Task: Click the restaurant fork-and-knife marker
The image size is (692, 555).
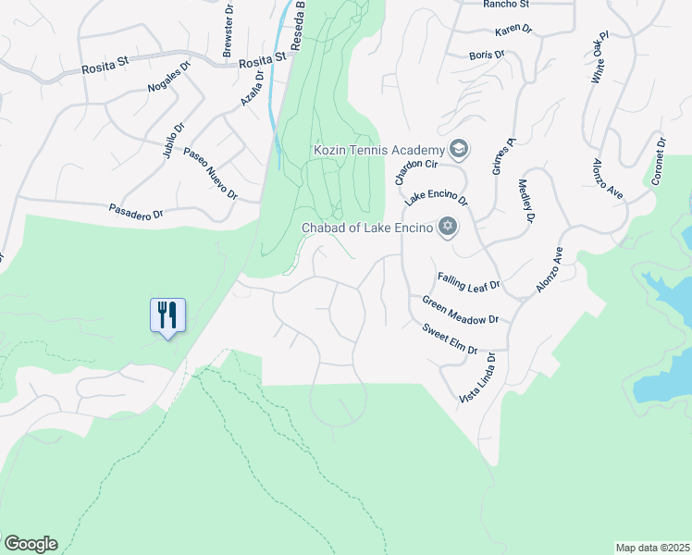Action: tap(167, 315)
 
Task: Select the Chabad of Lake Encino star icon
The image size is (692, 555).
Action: tap(448, 227)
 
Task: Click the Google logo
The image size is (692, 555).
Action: tap(30, 544)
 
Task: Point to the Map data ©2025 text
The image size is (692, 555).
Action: tap(652, 548)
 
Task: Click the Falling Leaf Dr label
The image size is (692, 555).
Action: tap(468, 282)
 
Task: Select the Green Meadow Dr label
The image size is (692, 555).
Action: tap(460, 310)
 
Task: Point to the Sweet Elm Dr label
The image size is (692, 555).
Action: tap(450, 339)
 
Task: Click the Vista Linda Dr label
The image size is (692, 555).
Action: tap(476, 376)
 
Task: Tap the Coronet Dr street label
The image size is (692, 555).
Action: tap(659, 163)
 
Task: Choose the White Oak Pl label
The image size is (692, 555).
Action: tap(602, 57)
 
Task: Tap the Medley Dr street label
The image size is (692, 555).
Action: tap(525, 201)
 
